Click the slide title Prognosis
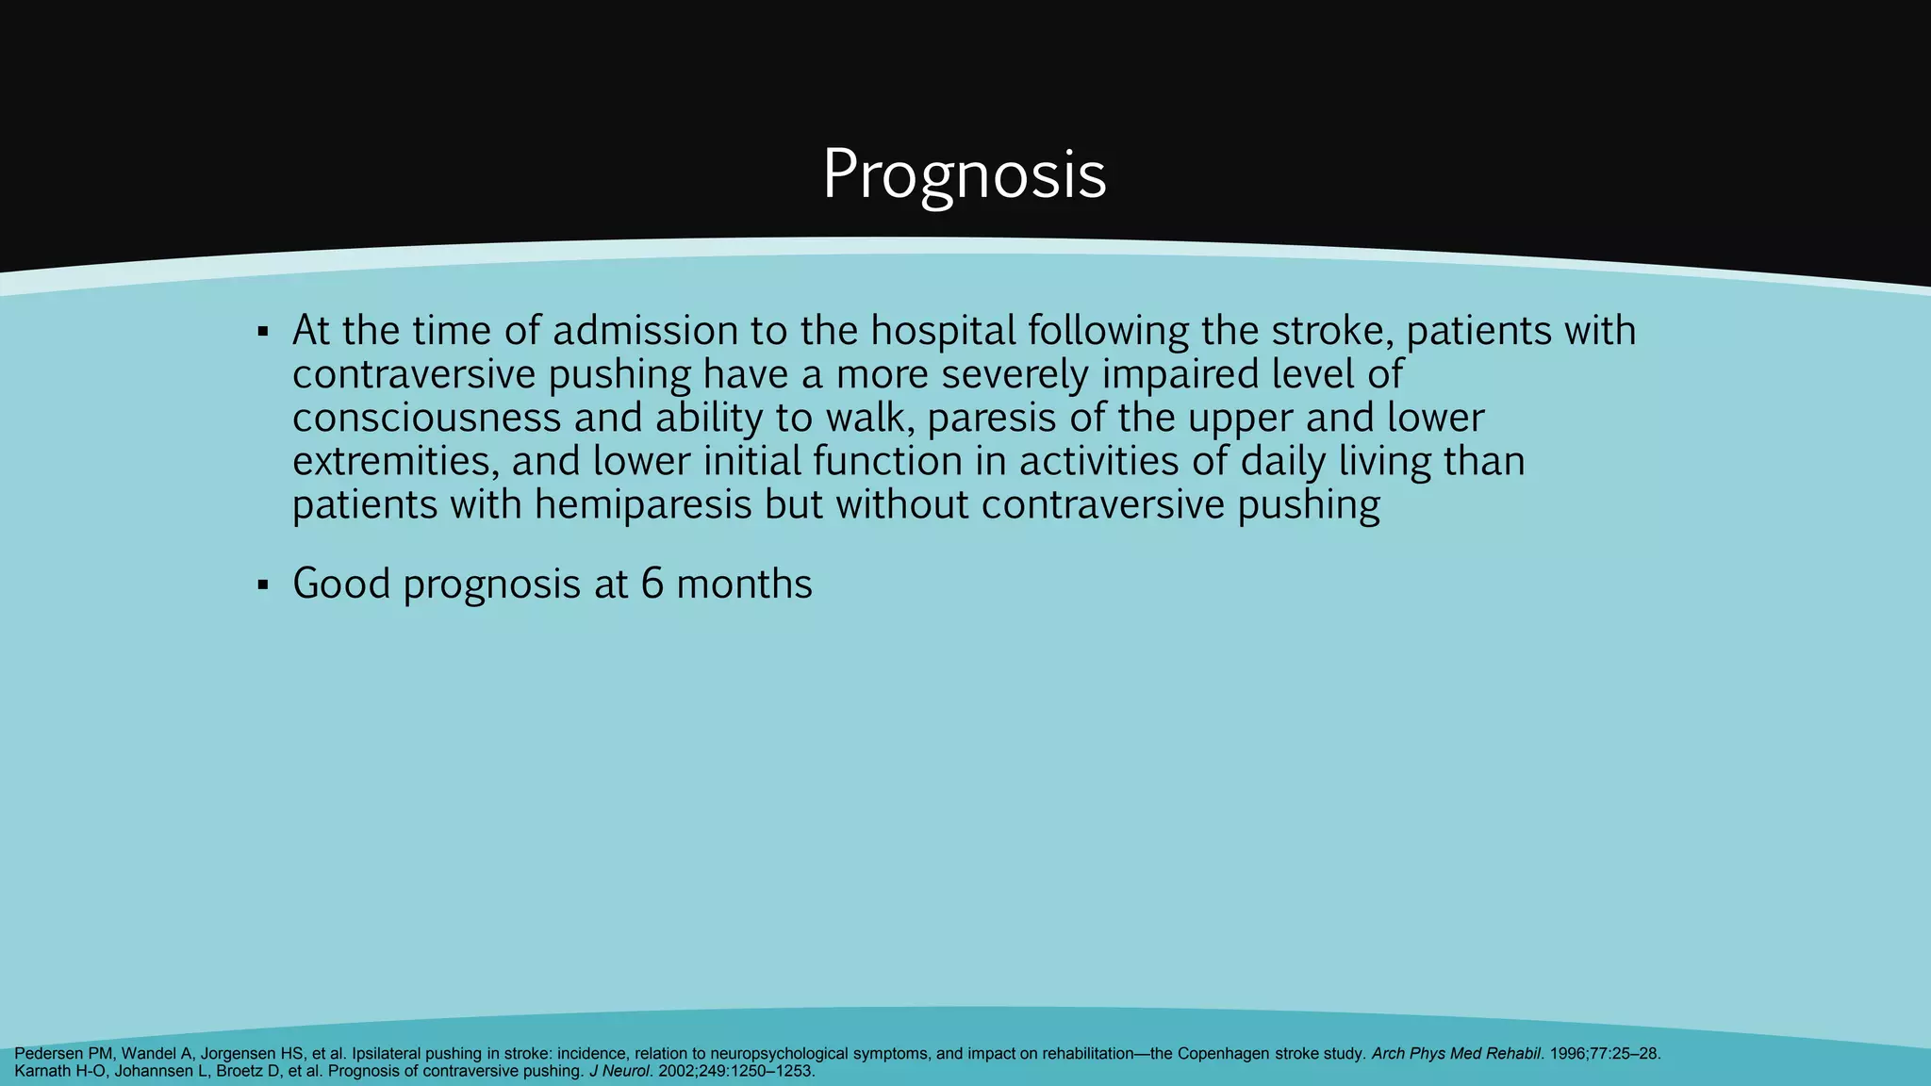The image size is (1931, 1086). point(964,174)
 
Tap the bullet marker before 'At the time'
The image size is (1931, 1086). point(263,332)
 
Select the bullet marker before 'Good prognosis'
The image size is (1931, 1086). point(263,585)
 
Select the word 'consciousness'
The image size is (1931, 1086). point(426,418)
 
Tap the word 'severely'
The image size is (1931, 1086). point(1015,374)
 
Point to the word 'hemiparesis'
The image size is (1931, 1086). point(643,504)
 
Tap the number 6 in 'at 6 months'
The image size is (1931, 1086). point(652,584)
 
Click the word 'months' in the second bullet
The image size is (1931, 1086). point(744,584)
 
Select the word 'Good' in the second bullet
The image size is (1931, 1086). point(341,584)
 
